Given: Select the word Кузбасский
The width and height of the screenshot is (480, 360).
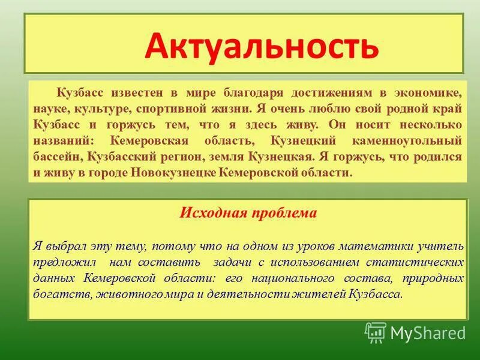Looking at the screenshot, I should click(x=133, y=156).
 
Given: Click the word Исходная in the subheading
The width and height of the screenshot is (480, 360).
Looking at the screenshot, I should click(x=206, y=213).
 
